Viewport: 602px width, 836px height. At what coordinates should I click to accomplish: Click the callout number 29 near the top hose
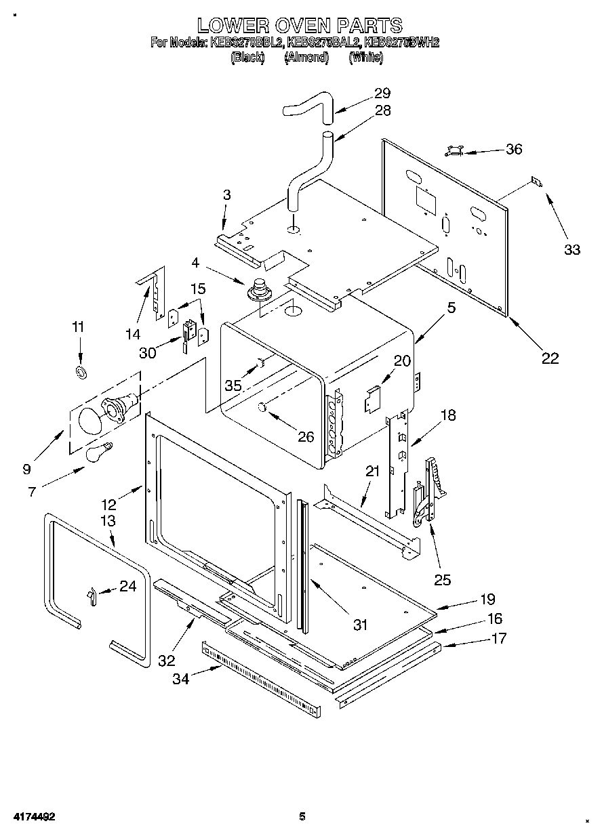(383, 93)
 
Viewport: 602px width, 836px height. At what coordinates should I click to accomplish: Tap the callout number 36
(514, 149)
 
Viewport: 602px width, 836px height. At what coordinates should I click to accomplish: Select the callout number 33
(572, 249)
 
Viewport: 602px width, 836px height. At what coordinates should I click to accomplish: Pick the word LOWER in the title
(228, 26)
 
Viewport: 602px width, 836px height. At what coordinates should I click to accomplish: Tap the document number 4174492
(33, 817)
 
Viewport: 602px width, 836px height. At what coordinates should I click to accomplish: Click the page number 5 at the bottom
(302, 817)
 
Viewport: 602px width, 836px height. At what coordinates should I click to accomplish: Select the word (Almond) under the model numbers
(306, 58)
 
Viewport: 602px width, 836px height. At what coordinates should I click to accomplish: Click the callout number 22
(550, 358)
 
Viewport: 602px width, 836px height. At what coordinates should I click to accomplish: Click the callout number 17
(498, 638)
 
